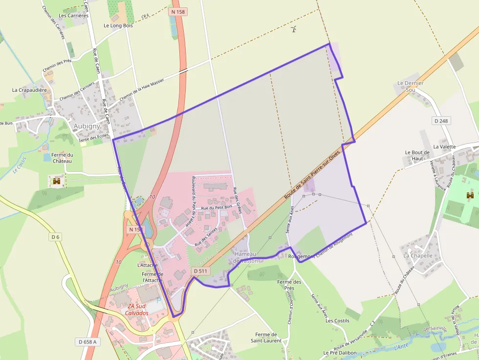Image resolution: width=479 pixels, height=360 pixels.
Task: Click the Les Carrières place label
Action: (x=73, y=16)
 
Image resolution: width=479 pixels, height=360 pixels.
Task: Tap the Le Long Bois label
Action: (x=118, y=25)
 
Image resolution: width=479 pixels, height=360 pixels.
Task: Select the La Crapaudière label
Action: (x=29, y=90)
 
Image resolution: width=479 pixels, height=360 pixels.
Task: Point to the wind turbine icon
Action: (x=294, y=29)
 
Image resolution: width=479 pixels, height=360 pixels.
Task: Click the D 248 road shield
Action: (x=442, y=121)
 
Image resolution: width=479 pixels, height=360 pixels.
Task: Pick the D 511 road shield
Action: (x=200, y=271)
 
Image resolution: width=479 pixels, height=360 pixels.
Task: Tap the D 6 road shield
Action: (x=55, y=237)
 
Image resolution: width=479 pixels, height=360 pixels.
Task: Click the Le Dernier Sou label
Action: (x=411, y=86)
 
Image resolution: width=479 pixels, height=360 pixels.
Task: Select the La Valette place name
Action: (x=444, y=147)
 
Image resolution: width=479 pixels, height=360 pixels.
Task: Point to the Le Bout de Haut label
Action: (x=417, y=155)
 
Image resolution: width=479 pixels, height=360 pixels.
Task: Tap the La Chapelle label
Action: (x=418, y=255)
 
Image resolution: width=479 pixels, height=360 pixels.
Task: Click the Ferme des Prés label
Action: (x=289, y=285)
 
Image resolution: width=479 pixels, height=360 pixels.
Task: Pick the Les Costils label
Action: (x=338, y=320)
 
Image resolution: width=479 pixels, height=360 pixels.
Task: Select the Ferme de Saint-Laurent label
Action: (x=266, y=338)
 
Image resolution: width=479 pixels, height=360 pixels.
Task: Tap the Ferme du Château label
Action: (x=62, y=158)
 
